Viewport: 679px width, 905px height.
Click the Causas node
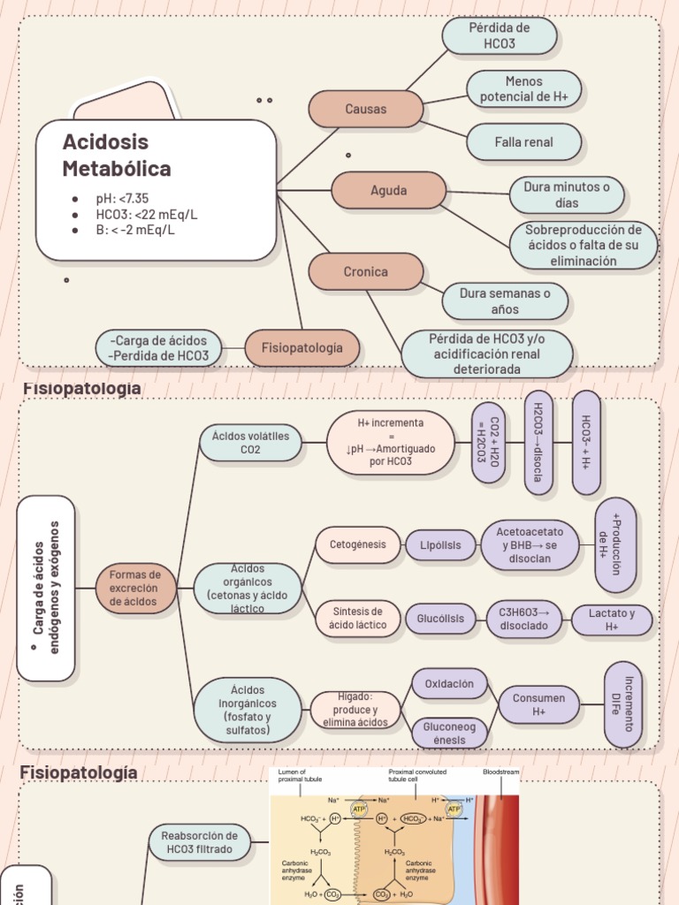click(x=365, y=109)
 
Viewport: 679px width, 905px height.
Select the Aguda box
click(x=388, y=191)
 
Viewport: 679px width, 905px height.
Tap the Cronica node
click(x=365, y=271)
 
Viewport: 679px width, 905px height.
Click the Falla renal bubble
click(x=523, y=142)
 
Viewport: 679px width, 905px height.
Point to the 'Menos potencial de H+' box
click(x=523, y=89)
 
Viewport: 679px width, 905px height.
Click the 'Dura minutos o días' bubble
click(x=567, y=195)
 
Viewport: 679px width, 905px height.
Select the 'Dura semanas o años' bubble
click(x=505, y=301)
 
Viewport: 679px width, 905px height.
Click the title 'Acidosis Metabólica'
click(x=117, y=156)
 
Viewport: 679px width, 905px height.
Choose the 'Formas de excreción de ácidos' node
click(x=135, y=589)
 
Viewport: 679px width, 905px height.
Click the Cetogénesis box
click(x=357, y=544)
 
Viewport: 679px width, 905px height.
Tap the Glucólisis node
click(x=440, y=620)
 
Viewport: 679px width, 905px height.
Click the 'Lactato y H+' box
click(x=612, y=620)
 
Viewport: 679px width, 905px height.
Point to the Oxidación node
click(x=449, y=684)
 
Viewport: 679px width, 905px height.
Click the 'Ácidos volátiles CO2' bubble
click(x=250, y=443)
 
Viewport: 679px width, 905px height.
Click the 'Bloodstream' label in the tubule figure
click(x=500, y=772)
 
